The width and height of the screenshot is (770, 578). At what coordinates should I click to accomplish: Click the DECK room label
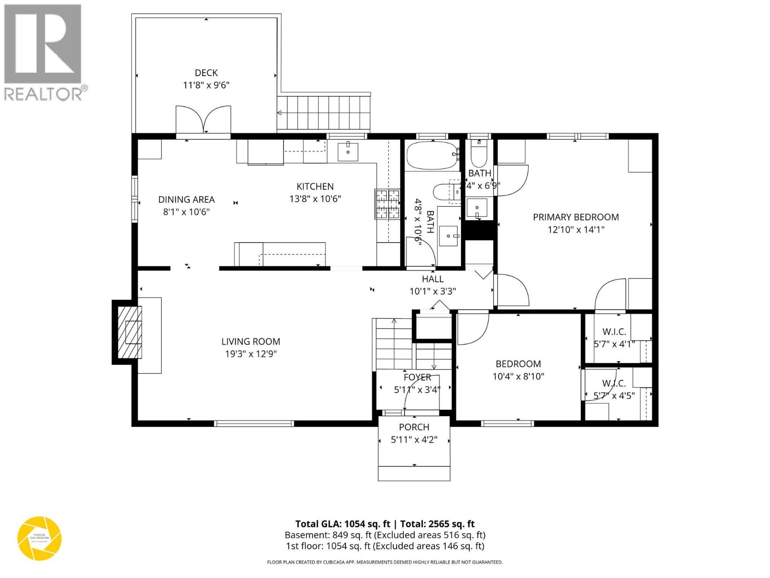(206, 73)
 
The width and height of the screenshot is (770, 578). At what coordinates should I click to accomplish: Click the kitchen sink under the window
(348, 152)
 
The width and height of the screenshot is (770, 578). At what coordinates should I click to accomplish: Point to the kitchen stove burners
(387, 205)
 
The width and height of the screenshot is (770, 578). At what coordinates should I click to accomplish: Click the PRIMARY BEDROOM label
(576, 217)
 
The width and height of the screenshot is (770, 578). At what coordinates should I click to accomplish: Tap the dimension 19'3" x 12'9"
(250, 354)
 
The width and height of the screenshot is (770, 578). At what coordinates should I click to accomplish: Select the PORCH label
(414, 427)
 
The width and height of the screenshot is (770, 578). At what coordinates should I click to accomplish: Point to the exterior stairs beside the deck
(323, 113)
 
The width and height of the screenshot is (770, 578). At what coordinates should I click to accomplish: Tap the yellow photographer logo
(39, 539)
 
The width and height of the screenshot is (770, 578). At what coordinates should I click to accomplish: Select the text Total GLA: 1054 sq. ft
(342, 524)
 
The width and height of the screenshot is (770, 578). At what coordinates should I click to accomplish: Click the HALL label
(433, 279)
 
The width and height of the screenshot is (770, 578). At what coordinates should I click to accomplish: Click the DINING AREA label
(186, 199)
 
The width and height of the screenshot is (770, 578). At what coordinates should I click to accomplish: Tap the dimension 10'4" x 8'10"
(518, 376)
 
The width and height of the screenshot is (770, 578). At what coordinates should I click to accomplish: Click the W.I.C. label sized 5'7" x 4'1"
(614, 332)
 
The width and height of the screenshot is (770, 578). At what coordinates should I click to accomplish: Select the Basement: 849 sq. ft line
(385, 535)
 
